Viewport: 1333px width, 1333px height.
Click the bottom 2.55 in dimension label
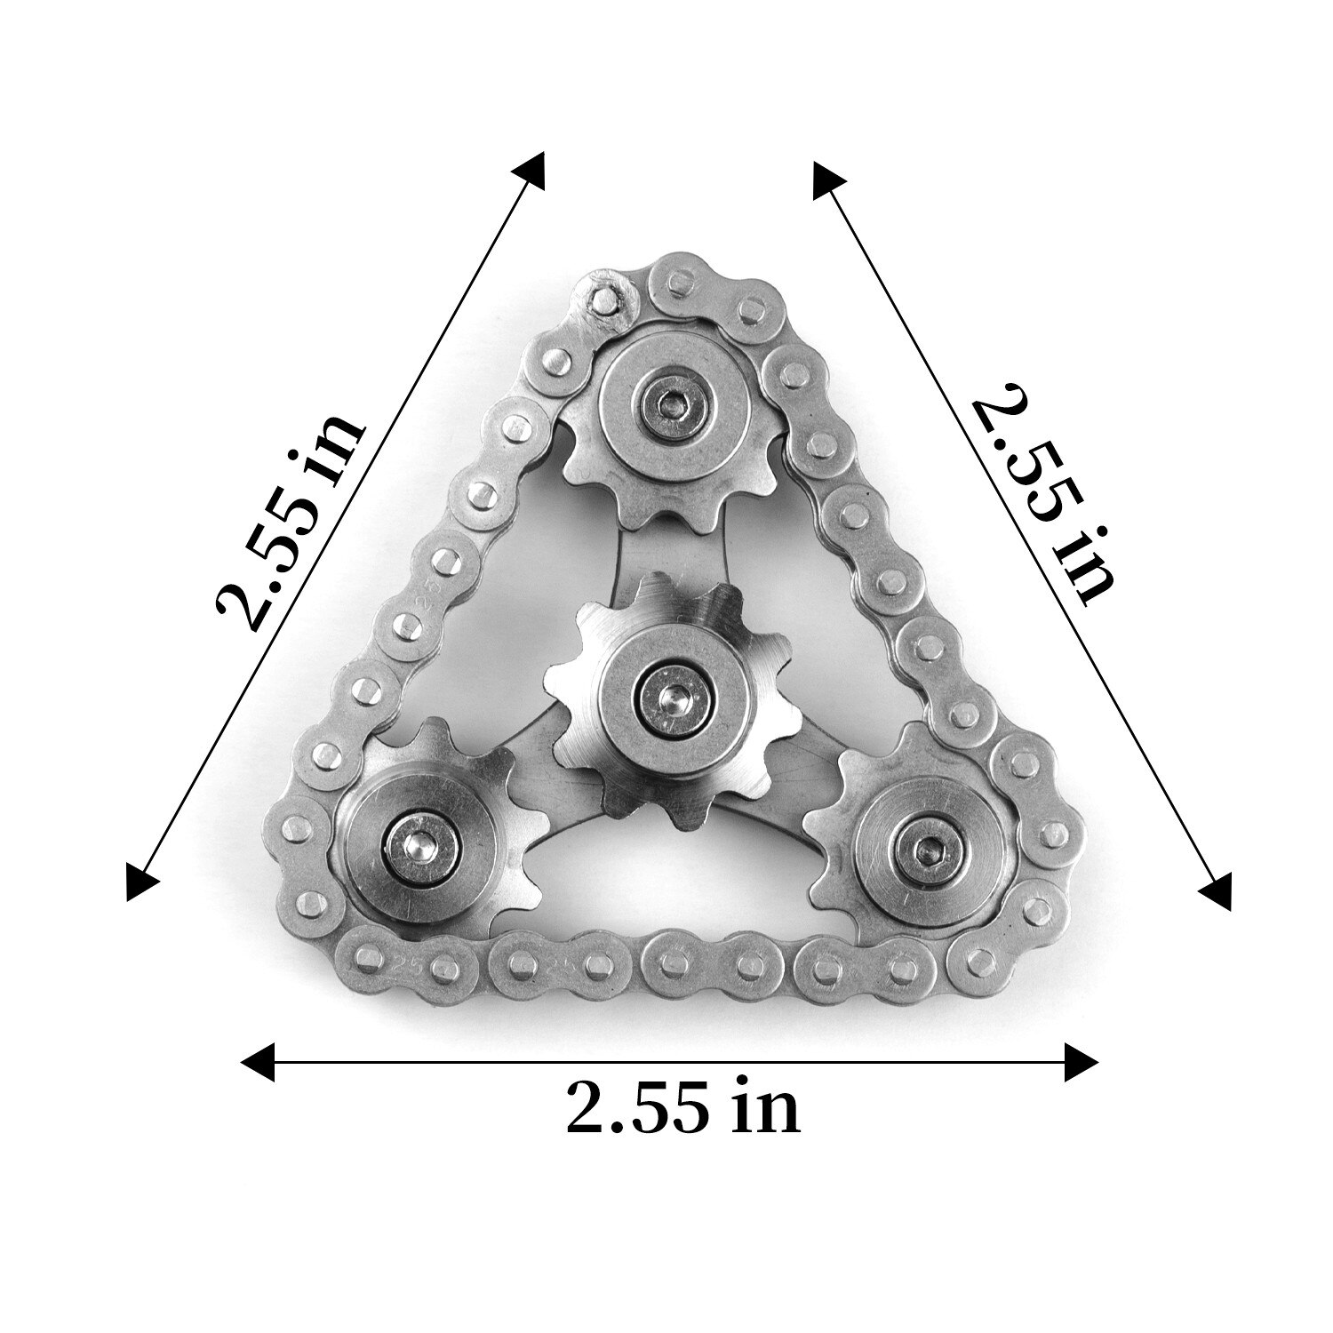682,1107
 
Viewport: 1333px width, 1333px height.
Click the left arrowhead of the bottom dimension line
258,1061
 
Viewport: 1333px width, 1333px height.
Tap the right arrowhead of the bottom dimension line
1082,1061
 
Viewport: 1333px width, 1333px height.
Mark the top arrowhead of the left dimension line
532,168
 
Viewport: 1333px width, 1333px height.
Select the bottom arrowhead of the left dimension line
141,885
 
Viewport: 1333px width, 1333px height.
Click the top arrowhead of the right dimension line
826,179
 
